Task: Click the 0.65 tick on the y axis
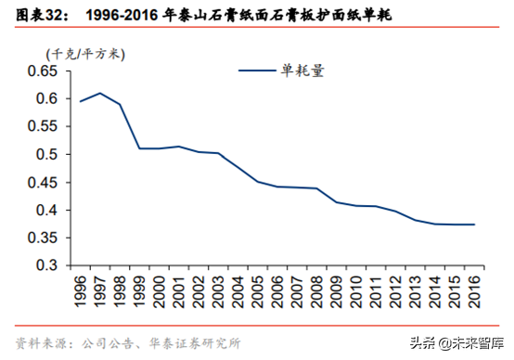point(43,71)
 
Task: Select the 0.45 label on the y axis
point(43,182)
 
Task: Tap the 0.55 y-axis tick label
point(43,126)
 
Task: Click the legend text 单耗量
point(303,70)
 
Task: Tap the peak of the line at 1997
point(99,93)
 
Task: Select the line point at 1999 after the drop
point(139,148)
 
